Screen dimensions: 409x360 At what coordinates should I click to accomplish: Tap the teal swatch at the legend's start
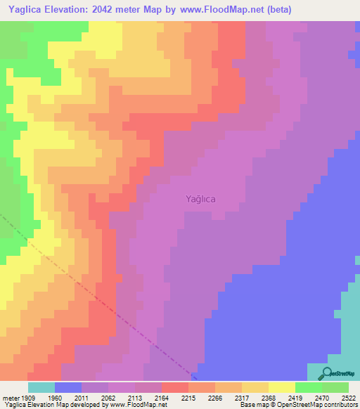(41, 387)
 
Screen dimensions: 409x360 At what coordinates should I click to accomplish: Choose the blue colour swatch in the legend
(68, 387)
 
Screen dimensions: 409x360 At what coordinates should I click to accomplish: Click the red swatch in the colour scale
(175, 387)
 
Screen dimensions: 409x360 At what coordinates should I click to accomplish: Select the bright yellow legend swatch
(282, 387)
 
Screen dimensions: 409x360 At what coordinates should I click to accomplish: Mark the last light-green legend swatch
(335, 387)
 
